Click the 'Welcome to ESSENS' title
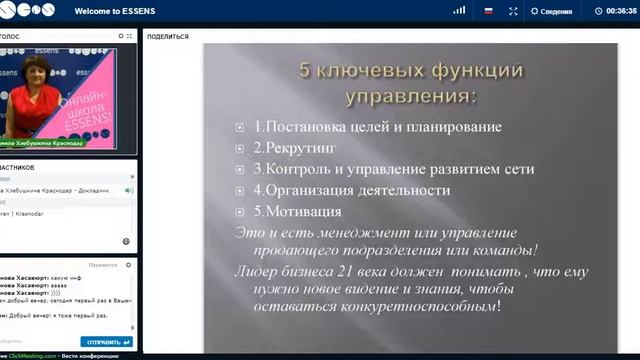[x=115, y=11]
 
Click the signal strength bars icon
[x=459, y=11]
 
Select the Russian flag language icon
[x=488, y=11]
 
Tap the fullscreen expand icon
[x=513, y=11]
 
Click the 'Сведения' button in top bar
[x=551, y=12]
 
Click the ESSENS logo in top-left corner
[x=27, y=11]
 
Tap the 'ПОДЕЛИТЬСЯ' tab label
[x=168, y=36]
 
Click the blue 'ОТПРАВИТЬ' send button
[x=106, y=341]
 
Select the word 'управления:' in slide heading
[x=411, y=96]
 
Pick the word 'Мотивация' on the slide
[x=304, y=211]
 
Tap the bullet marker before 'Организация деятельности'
[x=240, y=191]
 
